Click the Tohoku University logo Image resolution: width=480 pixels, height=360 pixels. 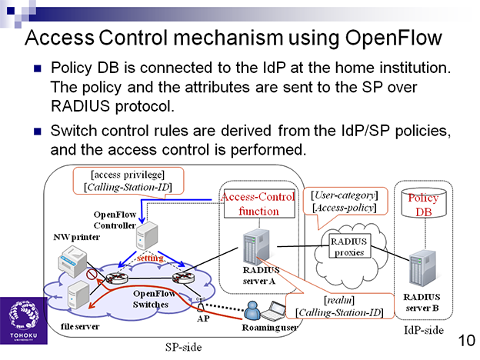[x=24, y=321]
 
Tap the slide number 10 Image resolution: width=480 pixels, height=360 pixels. [x=466, y=340]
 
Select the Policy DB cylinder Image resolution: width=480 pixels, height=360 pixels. [x=424, y=203]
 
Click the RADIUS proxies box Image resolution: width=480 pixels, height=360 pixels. [x=349, y=246]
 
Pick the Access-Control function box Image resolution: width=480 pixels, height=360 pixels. [x=259, y=204]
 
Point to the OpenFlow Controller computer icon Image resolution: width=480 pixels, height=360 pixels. [x=147, y=235]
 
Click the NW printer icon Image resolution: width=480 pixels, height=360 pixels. [x=72, y=262]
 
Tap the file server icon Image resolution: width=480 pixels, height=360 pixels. [x=78, y=295]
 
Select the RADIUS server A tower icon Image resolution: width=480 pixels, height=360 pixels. [x=256, y=247]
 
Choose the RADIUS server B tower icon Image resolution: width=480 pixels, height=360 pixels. [x=422, y=268]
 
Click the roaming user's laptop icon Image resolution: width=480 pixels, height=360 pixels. [x=273, y=311]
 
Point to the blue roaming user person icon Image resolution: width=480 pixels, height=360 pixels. [x=252, y=312]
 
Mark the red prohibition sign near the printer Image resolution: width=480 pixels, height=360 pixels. [x=92, y=274]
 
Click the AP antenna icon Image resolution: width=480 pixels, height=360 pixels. [x=201, y=305]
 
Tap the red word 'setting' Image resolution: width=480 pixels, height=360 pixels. [x=150, y=258]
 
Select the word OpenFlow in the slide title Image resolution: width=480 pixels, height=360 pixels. [x=394, y=38]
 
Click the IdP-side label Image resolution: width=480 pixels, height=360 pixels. [x=424, y=330]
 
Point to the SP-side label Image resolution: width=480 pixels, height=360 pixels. [x=183, y=347]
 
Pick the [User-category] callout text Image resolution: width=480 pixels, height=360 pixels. [x=345, y=195]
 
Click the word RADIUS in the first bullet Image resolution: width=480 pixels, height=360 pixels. [x=80, y=106]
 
